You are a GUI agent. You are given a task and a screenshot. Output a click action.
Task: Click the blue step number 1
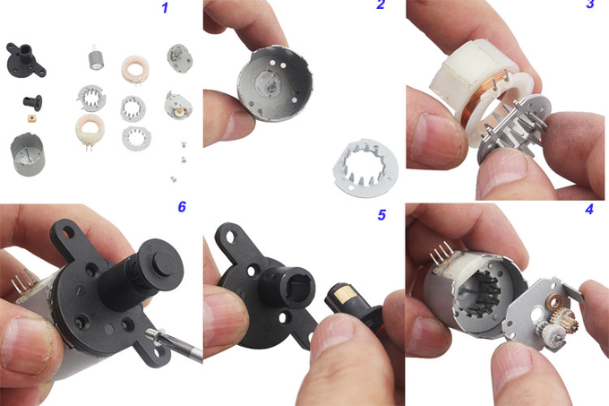(165, 8)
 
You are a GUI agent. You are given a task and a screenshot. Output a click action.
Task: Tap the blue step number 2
(381, 4)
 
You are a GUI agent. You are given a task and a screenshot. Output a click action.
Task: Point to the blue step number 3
(590, 4)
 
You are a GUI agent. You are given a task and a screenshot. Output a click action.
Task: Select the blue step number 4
(589, 210)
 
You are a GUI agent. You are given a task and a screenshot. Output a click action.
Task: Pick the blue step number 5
(382, 215)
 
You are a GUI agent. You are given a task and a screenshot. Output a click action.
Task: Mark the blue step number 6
(182, 207)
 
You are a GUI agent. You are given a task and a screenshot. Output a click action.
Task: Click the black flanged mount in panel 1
(25, 61)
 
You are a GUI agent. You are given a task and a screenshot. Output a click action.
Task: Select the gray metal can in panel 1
(28, 154)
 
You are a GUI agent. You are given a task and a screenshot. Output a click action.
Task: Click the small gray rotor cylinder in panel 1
(95, 58)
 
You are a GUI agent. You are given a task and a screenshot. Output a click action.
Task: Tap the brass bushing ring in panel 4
(553, 299)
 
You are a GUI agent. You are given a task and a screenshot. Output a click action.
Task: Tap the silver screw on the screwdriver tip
(153, 334)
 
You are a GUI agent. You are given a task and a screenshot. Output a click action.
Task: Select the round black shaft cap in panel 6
(161, 260)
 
